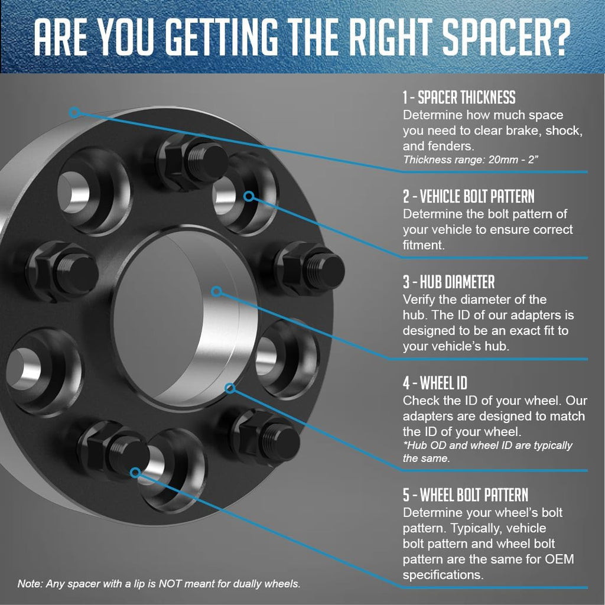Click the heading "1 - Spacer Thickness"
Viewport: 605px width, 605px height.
(x=458, y=97)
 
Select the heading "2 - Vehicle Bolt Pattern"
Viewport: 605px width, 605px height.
(x=469, y=196)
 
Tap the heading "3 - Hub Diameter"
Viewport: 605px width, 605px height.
(x=448, y=282)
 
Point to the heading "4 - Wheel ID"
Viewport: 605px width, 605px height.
(x=435, y=383)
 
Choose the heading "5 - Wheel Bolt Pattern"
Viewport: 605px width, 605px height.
(x=466, y=495)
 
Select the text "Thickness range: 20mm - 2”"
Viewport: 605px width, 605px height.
(x=470, y=160)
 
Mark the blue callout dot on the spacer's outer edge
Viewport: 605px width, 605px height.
(x=75, y=113)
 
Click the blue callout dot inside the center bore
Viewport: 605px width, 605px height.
(x=217, y=291)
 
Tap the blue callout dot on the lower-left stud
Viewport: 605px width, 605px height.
(x=135, y=472)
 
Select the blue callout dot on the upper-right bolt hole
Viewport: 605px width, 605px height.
(x=249, y=196)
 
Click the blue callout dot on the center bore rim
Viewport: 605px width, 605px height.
(x=230, y=388)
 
